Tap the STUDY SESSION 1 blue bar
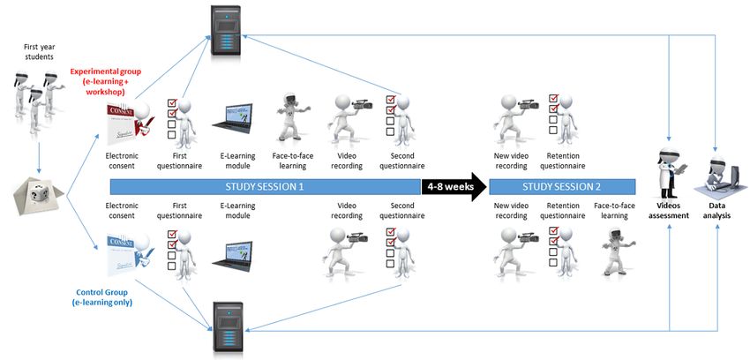coord(265,187)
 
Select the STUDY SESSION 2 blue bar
coord(561,187)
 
